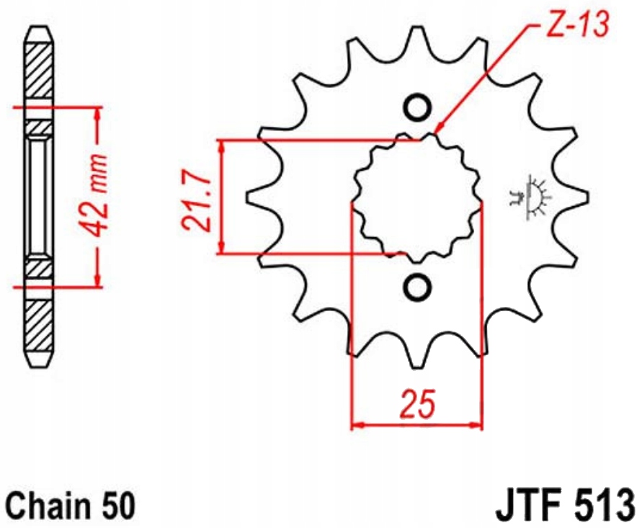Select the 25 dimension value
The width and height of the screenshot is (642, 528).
(x=417, y=403)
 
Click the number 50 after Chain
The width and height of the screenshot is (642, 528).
(x=118, y=506)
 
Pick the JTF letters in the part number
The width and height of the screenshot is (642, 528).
(x=527, y=506)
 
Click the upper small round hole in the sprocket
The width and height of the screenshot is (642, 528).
(x=417, y=107)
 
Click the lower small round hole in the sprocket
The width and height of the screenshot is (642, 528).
(x=417, y=286)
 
